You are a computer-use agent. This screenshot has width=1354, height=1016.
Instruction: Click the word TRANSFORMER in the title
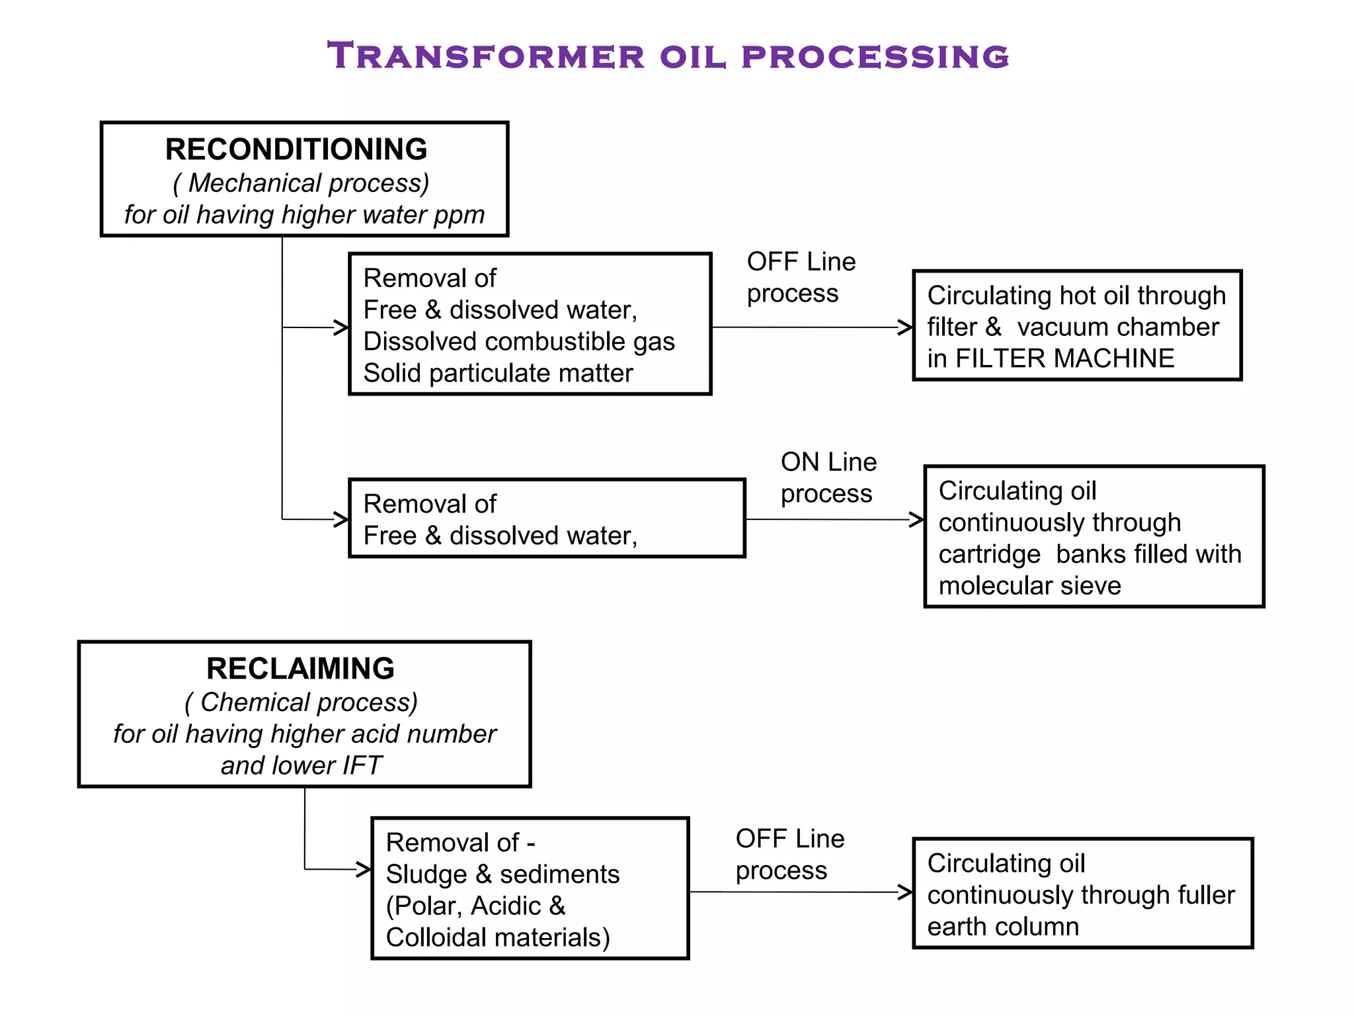point(486,56)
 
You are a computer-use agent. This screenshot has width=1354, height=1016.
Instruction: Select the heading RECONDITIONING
point(296,149)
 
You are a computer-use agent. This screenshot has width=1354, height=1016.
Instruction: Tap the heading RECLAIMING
point(300,669)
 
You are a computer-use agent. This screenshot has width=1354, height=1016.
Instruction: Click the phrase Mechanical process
point(308,183)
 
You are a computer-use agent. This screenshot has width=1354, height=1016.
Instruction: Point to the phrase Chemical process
point(308,702)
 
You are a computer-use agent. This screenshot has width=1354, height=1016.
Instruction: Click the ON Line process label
point(828,478)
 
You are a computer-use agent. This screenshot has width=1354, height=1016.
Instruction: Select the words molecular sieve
point(1029,586)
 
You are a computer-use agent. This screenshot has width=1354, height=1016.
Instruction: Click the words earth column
point(1002,927)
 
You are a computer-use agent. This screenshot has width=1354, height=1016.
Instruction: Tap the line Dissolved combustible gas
point(519,342)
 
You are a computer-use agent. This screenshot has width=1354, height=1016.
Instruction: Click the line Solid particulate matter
point(498,374)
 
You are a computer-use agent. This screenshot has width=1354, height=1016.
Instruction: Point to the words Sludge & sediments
point(502,874)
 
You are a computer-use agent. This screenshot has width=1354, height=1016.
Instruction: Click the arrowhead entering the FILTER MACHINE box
point(906,327)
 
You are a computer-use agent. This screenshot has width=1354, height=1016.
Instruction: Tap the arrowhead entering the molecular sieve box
point(918,519)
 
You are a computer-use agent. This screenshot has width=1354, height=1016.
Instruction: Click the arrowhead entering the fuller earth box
point(906,892)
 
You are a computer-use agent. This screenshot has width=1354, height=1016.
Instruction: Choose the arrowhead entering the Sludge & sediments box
point(364,869)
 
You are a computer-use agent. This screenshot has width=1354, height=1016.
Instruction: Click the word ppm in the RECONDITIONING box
point(459,216)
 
